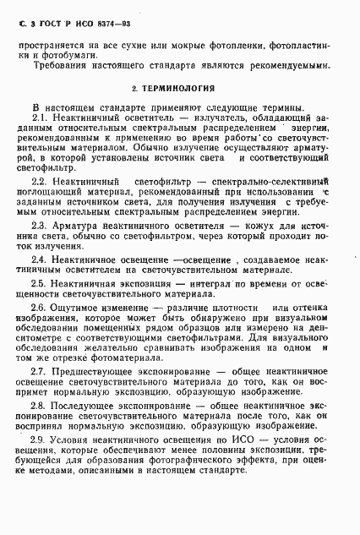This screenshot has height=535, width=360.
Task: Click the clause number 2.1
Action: (x=39, y=117)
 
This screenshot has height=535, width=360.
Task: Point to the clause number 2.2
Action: (x=39, y=182)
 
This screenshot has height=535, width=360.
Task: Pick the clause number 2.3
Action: (x=39, y=227)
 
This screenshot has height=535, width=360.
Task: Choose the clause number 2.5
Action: (x=39, y=283)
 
